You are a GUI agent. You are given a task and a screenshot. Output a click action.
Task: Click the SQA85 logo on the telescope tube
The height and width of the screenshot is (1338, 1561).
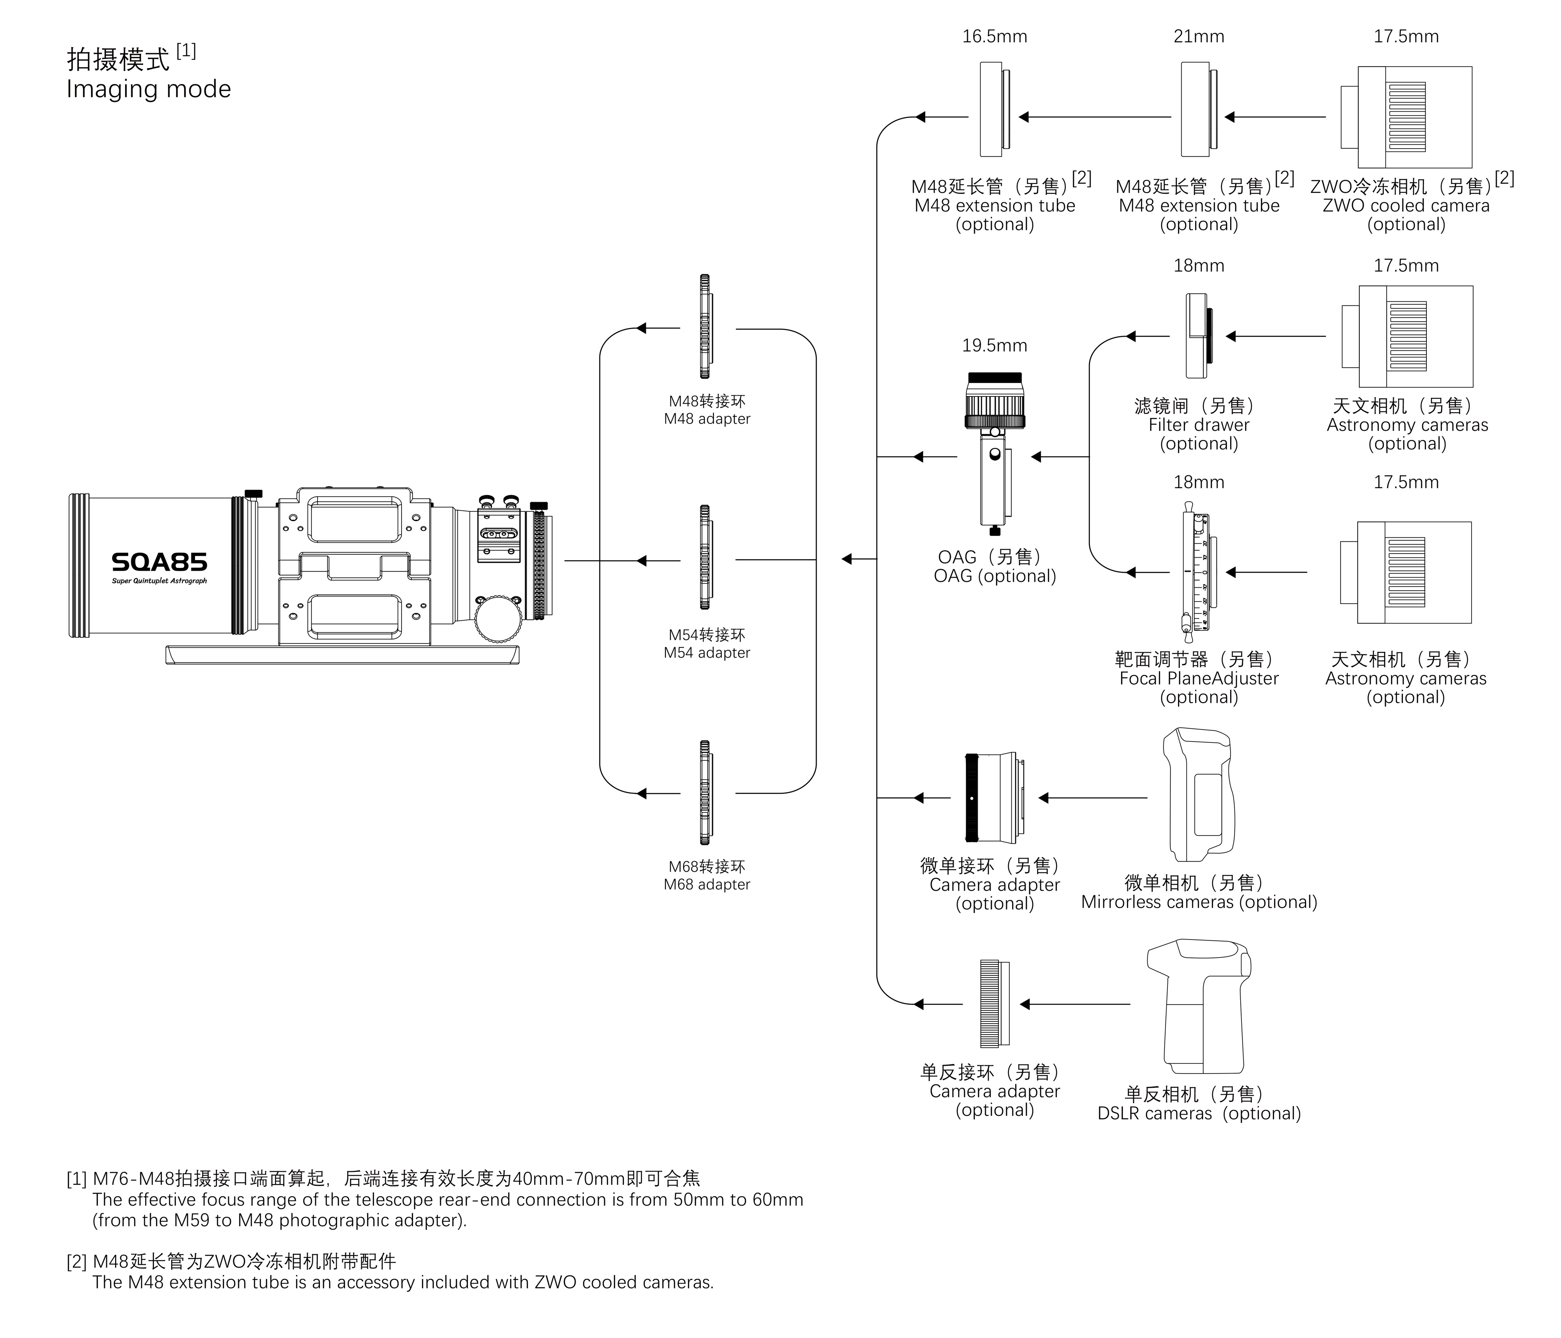(x=159, y=563)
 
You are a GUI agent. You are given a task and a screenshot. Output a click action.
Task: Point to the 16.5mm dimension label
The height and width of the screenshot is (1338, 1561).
(x=994, y=36)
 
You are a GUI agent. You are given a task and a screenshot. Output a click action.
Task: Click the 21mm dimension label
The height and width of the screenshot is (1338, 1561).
(x=1199, y=36)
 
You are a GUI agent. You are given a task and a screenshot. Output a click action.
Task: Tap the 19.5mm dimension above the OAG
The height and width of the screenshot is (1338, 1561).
(x=994, y=346)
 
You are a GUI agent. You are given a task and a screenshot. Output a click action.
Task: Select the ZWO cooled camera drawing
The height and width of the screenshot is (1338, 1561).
(x=1406, y=117)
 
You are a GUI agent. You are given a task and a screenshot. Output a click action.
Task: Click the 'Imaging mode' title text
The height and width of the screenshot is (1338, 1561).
(x=148, y=89)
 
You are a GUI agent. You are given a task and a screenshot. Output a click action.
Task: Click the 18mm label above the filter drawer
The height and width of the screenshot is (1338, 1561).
(x=1199, y=266)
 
